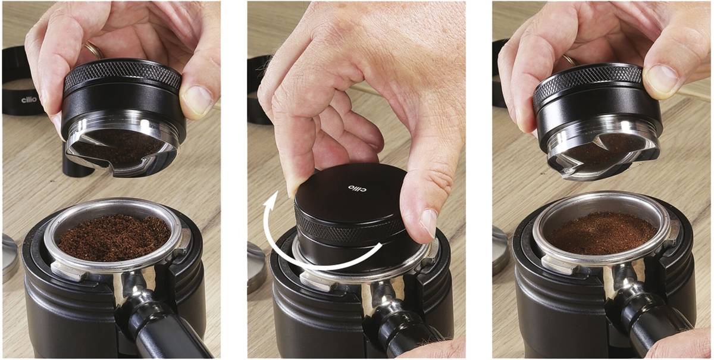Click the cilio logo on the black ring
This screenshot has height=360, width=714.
pos(29,100)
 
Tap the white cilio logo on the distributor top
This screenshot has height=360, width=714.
pos(357,188)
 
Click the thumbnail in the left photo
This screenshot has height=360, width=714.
pos(197,99)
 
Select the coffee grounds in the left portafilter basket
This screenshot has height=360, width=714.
pos(114,237)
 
